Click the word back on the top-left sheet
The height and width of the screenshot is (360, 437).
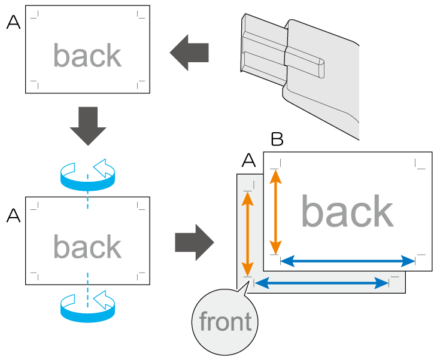click(x=87, y=56)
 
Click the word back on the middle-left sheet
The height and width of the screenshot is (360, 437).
click(x=87, y=246)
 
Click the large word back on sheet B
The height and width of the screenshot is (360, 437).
click(x=347, y=212)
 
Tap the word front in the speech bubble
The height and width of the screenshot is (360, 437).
click(x=225, y=322)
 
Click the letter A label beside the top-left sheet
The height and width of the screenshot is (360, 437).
click(x=13, y=23)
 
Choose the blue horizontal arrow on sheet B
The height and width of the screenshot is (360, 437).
click(x=348, y=260)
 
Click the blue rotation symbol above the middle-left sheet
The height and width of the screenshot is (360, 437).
click(x=87, y=174)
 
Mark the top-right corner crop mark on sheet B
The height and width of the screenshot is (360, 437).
click(x=420, y=163)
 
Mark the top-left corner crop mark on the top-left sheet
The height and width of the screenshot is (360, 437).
click(x=35, y=14)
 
